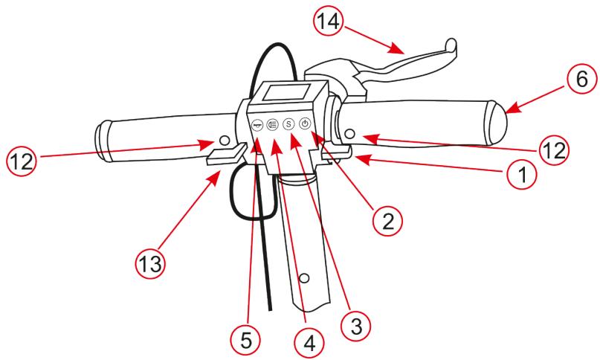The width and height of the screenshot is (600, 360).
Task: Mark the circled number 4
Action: pos(307,344)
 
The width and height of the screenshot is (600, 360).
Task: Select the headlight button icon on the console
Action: pos(272,125)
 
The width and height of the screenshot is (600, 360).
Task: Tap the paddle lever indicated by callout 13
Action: pos(225,153)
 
